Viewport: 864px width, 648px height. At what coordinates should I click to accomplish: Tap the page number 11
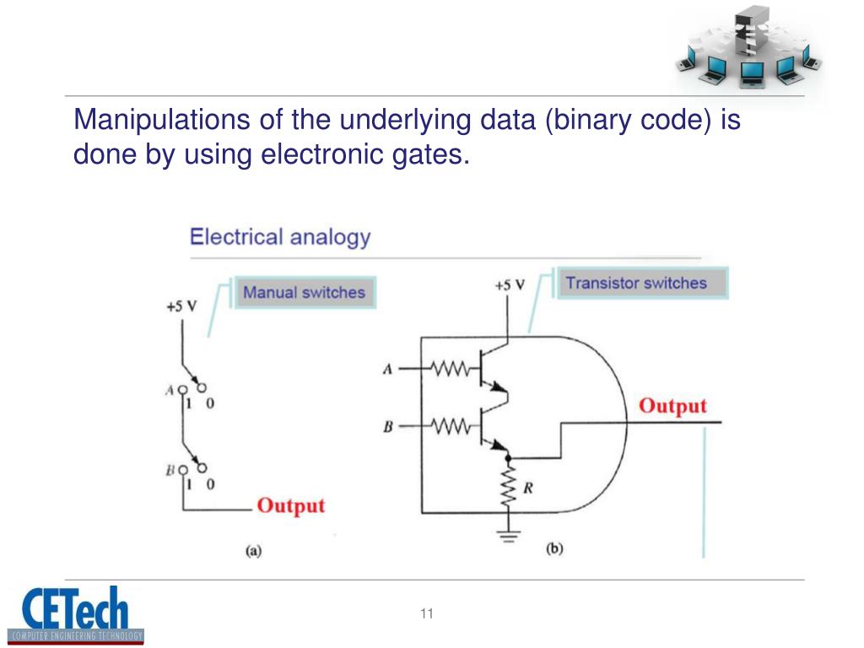tap(426, 613)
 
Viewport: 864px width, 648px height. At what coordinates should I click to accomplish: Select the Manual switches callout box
tap(304, 293)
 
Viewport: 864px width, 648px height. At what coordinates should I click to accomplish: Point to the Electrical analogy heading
tap(280, 236)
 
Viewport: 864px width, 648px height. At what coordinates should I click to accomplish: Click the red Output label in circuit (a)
tap(290, 506)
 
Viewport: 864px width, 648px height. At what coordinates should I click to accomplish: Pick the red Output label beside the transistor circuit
tap(672, 406)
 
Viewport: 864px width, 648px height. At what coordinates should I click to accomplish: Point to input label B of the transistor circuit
tap(387, 427)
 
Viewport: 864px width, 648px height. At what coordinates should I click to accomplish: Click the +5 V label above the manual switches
tap(181, 305)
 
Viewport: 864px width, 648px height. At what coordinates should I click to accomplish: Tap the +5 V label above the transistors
tap(510, 285)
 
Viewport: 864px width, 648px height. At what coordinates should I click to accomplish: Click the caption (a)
tap(253, 552)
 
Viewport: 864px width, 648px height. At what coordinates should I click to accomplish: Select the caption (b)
tap(554, 549)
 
